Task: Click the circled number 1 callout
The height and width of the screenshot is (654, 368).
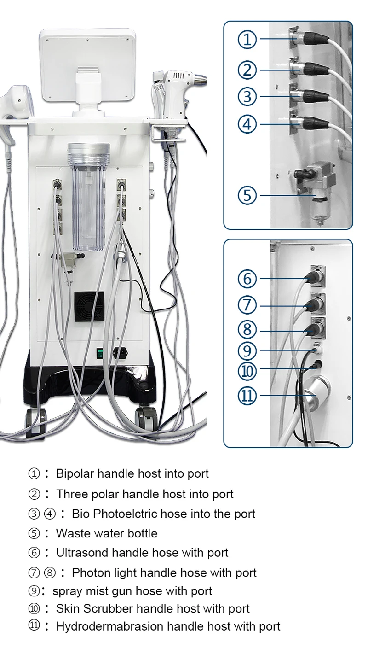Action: [x=247, y=39]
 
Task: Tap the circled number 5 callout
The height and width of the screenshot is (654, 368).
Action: [x=247, y=195]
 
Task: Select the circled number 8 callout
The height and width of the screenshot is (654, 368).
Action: [x=247, y=330]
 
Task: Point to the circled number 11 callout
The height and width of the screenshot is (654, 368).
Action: [x=247, y=396]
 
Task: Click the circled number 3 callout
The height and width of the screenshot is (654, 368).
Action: [x=247, y=96]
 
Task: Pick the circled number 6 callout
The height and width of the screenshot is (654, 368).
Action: [x=247, y=279]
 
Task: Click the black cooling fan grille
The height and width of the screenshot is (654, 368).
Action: [x=89, y=306]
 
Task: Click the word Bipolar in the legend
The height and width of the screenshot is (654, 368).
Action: [x=75, y=473]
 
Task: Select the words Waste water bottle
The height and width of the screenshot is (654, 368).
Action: [x=107, y=533]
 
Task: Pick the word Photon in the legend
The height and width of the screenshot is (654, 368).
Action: [x=92, y=573]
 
